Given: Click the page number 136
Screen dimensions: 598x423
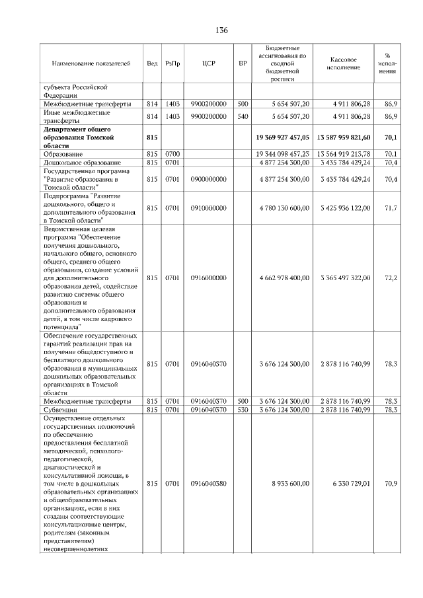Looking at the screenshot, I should click(221, 31).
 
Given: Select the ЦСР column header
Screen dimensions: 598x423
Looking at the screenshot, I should click(205, 63).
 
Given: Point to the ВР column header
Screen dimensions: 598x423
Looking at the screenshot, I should click(242, 63).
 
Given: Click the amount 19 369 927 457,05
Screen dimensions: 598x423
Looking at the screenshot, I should click(282, 138).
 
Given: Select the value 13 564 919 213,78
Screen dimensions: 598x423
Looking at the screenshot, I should click(345, 153).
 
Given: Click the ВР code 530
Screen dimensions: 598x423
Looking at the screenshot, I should click(242, 410).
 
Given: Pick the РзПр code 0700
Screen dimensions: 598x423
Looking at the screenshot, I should click(173, 153).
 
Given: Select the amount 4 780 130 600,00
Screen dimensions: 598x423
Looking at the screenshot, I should click(284, 208).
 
